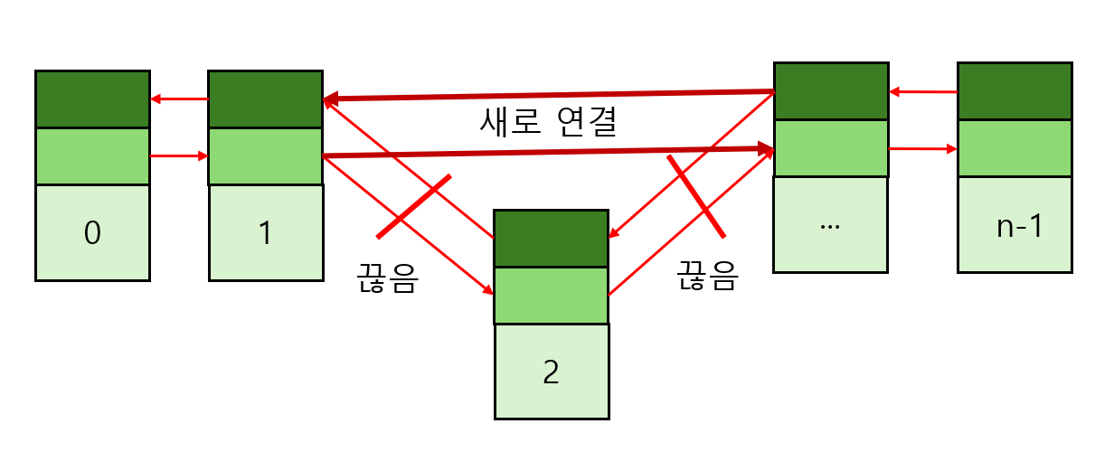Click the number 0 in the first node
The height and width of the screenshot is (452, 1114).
[92, 233]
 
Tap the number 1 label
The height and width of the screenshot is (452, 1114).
[265, 233]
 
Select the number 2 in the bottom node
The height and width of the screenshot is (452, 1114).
[551, 372]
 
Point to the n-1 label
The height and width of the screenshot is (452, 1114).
[1019, 226]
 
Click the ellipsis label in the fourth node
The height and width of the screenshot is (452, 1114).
[829, 226]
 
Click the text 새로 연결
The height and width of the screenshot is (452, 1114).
[549, 122]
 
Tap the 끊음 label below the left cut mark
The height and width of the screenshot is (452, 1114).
[388, 279]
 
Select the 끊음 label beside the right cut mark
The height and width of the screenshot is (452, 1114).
[708, 277]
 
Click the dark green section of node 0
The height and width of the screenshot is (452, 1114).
[92, 99]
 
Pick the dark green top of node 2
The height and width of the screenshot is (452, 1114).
[551, 239]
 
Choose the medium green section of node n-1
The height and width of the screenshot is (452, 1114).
[1015, 148]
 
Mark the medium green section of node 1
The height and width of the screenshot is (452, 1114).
[265, 156]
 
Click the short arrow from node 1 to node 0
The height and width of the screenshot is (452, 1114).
[179, 99]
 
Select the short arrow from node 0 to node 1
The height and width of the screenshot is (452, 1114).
[179, 156]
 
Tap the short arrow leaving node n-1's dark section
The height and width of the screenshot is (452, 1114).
[922, 91]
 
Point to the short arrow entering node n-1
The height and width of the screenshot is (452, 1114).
[922, 149]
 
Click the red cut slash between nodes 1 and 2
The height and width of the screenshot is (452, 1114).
[413, 206]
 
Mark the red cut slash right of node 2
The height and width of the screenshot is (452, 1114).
[696, 195]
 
